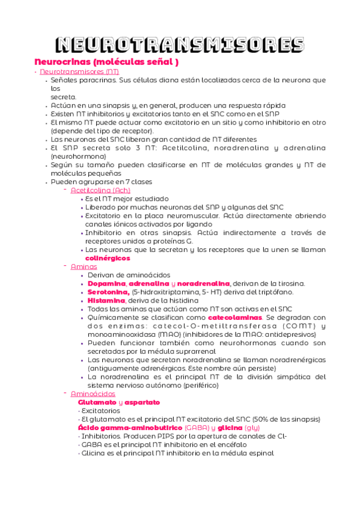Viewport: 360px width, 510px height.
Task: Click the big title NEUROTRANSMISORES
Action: (180, 45)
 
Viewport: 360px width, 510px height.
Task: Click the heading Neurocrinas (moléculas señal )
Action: (106, 62)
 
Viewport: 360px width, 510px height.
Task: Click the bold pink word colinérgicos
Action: (108, 258)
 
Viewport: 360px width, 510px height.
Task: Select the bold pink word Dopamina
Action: (106, 283)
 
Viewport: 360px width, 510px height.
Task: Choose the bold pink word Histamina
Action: (106, 300)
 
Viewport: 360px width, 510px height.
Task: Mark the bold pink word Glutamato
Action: (97, 402)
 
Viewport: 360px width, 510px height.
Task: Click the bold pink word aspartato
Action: (142, 402)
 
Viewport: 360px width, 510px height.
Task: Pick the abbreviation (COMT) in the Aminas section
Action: (296, 325)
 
